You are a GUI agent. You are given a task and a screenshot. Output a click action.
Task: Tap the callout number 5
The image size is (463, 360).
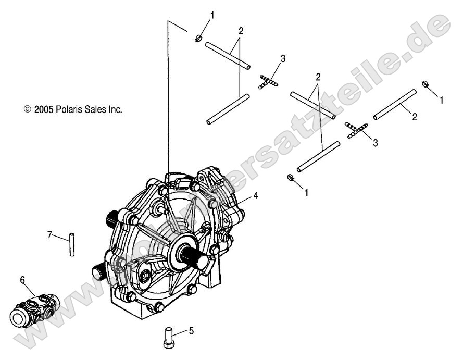pos(191,330)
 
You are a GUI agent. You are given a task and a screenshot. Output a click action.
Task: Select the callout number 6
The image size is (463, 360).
pos(22,280)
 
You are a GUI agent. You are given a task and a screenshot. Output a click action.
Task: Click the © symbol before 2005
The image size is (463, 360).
pos(28,109)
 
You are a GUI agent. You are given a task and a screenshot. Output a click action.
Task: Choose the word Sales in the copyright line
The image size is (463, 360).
pos(93,109)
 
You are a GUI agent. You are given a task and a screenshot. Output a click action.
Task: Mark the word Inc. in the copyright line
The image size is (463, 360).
pos(114,109)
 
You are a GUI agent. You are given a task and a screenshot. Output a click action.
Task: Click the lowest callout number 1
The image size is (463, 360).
pos(306,193)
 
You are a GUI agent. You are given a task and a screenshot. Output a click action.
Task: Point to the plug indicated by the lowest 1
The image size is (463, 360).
pos(290,179)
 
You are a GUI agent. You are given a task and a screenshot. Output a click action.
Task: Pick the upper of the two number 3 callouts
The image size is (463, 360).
pos(282,58)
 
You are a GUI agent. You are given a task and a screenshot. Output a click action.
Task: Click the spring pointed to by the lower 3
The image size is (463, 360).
pos(356,129)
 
